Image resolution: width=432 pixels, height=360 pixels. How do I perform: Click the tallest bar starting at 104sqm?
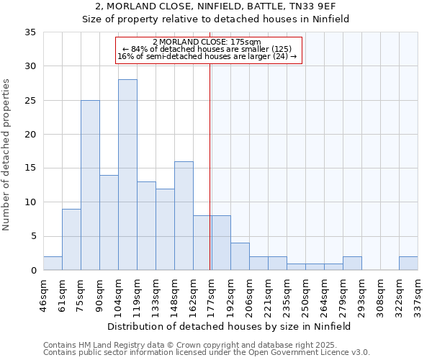pos(127,175)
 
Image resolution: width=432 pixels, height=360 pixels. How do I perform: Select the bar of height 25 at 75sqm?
pos(90,185)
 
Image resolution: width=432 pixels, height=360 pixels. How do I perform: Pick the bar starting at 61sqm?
pos(71,239)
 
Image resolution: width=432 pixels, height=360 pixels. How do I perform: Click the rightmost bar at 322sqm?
pos(408,264)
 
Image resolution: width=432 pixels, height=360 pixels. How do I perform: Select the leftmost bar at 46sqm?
pos(53,264)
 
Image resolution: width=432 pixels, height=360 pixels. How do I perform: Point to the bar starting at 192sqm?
pos(240,256)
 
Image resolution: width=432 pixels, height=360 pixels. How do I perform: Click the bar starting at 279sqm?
pos(352,264)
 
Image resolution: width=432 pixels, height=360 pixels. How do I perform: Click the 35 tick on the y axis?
pos(30,32)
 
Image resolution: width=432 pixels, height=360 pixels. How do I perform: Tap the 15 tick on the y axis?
pos(30,168)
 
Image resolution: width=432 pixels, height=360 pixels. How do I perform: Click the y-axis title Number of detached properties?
pos(7,156)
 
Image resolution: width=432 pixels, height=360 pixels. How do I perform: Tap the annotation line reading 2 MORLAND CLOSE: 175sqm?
pos(207,42)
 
